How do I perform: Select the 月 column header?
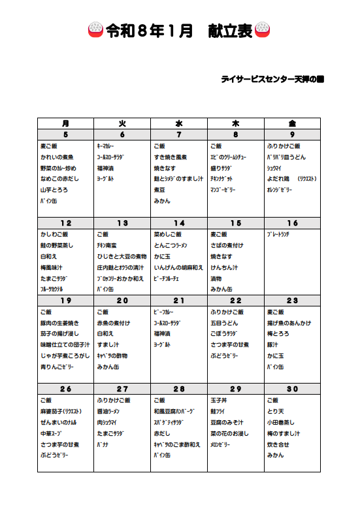click(65, 123)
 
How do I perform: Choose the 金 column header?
click(292, 123)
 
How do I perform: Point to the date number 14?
click(179, 223)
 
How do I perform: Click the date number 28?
click(179, 389)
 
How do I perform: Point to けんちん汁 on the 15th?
click(225, 267)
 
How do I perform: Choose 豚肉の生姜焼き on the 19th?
click(59, 323)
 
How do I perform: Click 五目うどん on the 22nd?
click(225, 323)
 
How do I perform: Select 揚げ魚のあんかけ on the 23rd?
click(289, 323)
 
